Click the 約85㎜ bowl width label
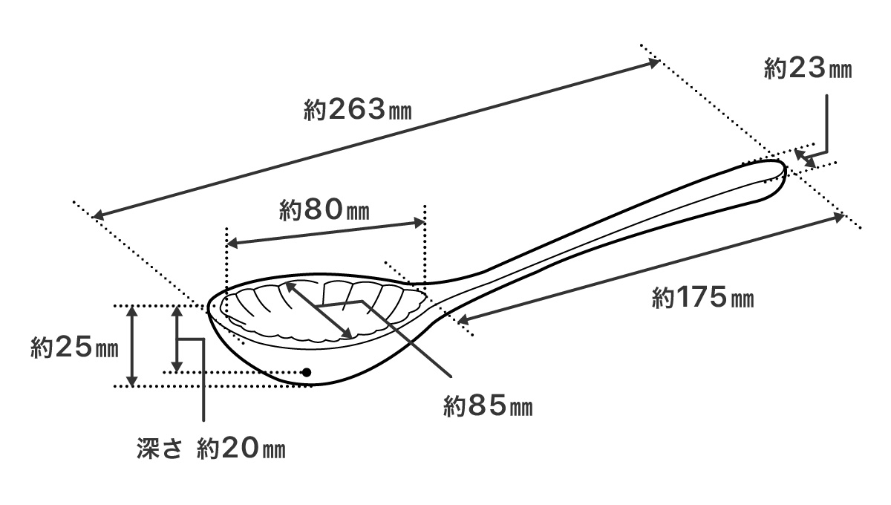click(x=488, y=406)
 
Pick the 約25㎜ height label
click(x=74, y=347)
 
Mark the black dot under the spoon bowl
click(x=305, y=371)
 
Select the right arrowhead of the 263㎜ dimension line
click(x=654, y=63)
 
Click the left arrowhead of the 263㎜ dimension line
click(x=99, y=215)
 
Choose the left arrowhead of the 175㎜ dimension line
click(x=461, y=320)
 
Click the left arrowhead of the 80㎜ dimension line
click(x=230, y=243)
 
